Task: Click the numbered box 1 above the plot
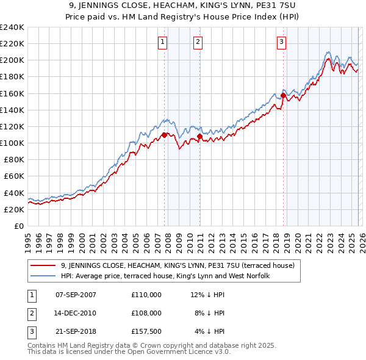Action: [163, 42]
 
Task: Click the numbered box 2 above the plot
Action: [198, 42]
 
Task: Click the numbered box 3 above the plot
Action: [281, 42]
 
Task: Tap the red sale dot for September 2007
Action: [165, 135]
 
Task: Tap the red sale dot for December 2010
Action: [200, 137]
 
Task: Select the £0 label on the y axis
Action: [19, 226]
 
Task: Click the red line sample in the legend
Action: [44, 265]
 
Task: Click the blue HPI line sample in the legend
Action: [44, 276]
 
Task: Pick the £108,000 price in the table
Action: [146, 313]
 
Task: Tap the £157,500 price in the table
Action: [146, 331]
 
